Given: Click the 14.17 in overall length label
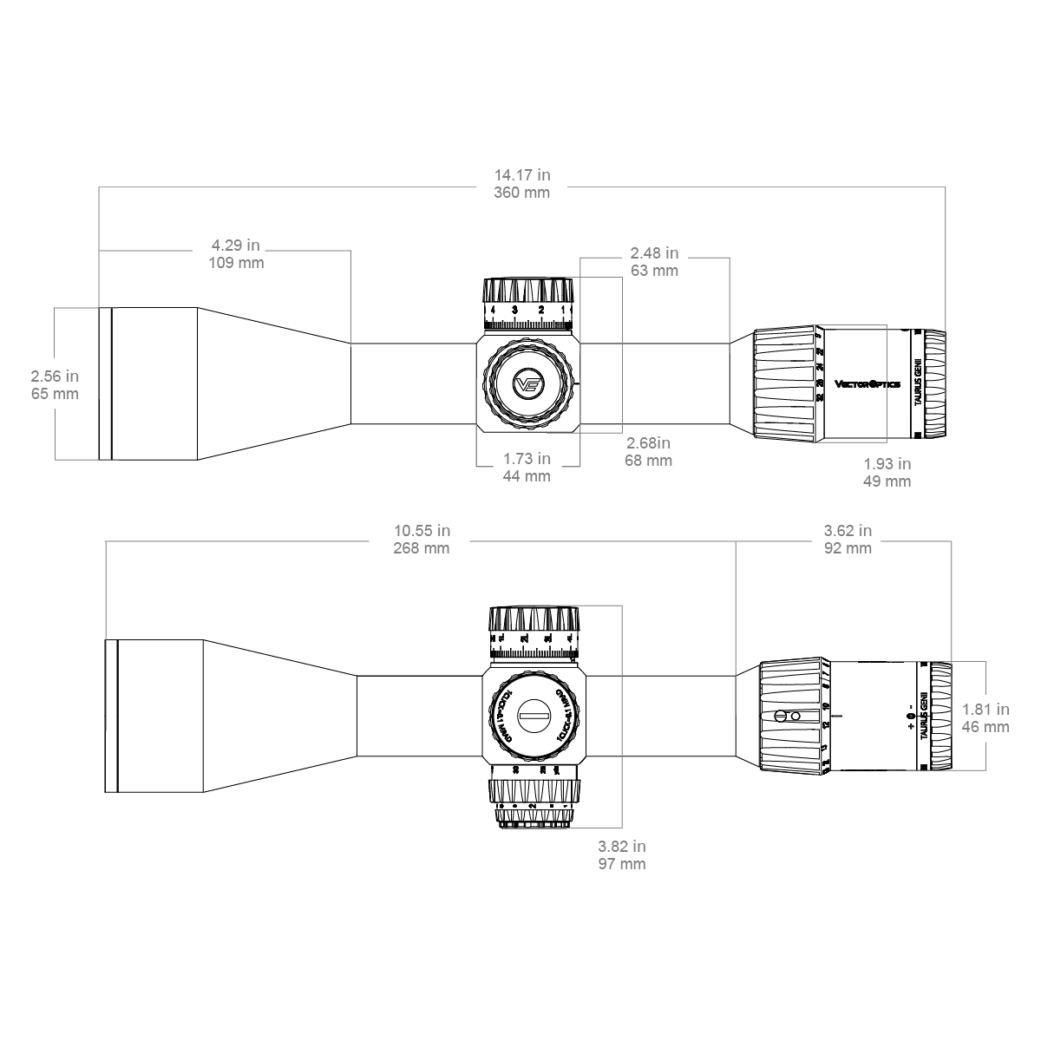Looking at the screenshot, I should click(x=521, y=175).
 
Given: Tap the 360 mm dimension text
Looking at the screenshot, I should click(x=521, y=193).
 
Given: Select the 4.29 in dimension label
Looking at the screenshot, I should click(x=236, y=246).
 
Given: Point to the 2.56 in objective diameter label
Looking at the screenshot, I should click(x=55, y=376).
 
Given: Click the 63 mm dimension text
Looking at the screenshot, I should click(x=654, y=271).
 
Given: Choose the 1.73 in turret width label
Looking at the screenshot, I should click(x=527, y=458).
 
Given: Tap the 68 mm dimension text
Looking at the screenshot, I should click(x=648, y=461).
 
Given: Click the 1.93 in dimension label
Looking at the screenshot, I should click(x=887, y=464).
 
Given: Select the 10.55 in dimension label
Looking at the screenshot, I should click(x=422, y=531).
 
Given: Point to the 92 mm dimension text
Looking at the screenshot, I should click(x=848, y=548).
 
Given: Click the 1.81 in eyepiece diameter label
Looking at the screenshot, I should click(x=985, y=710).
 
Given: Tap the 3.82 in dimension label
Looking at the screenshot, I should click(x=621, y=847).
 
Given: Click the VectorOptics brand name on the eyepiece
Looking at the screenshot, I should click(x=867, y=383).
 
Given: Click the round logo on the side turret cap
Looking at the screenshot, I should click(x=527, y=383).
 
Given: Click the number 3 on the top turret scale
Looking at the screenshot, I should click(x=515, y=310).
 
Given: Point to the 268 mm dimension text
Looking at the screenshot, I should click(x=422, y=548).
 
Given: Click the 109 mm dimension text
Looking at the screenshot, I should click(x=236, y=263).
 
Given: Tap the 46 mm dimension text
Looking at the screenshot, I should click(x=985, y=727).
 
